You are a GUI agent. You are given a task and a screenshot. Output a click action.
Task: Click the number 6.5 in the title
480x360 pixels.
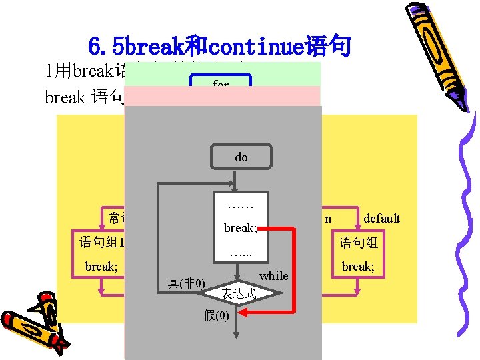pyautogui.click(x=106, y=47)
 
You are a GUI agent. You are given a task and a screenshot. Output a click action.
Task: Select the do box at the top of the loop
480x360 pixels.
pyautogui.click(x=241, y=157)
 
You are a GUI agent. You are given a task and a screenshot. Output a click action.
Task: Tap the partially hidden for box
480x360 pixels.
pyautogui.click(x=221, y=84)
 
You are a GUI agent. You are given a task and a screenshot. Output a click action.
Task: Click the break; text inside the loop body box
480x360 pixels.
pyautogui.click(x=240, y=228)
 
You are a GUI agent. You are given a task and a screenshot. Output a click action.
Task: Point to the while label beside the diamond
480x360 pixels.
pyautogui.click(x=273, y=275)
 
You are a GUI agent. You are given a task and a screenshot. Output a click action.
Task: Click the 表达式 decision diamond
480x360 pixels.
pyautogui.click(x=237, y=292)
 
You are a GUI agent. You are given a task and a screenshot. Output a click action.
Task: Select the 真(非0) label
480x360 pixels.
pyautogui.click(x=186, y=283)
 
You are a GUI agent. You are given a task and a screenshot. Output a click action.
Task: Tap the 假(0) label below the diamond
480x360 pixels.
pyautogui.click(x=219, y=315)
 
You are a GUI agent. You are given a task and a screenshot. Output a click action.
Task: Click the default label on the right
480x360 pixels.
pyautogui.click(x=381, y=218)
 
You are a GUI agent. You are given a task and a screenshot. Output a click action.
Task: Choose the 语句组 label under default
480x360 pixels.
pyautogui.click(x=359, y=243)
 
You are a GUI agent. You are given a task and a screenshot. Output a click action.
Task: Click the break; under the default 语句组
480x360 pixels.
pyautogui.click(x=358, y=267)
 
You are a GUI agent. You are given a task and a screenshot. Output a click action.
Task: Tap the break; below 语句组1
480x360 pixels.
pyautogui.click(x=101, y=267)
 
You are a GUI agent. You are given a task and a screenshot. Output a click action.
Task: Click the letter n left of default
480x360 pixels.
pyautogui.click(x=328, y=218)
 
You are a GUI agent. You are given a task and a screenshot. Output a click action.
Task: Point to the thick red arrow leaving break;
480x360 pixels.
pyautogui.click(x=293, y=267)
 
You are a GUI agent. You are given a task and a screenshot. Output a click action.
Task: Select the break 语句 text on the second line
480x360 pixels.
pyautogui.click(x=83, y=97)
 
